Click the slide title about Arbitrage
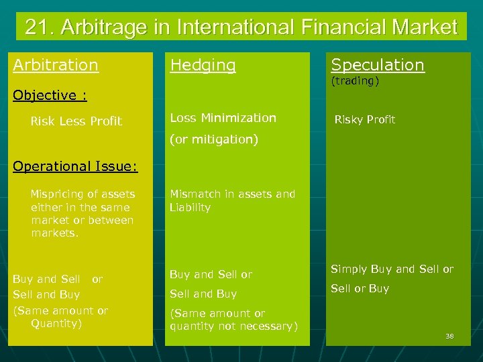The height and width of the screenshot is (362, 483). (x=241, y=27)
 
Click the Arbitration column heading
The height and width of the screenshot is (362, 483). (x=56, y=65)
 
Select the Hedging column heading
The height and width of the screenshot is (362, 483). (x=203, y=65)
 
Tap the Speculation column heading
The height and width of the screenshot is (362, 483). (x=378, y=65)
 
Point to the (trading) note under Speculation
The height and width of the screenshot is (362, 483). (x=355, y=81)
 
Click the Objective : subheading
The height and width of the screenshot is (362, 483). (x=50, y=95)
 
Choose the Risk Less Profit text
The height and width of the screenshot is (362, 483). (x=76, y=121)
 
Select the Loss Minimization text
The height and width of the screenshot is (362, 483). (x=223, y=118)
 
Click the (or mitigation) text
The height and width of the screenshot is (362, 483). (x=214, y=140)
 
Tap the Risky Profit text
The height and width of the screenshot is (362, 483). (x=365, y=119)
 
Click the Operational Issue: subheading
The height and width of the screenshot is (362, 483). (x=75, y=166)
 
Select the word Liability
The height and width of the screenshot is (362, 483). (x=190, y=207)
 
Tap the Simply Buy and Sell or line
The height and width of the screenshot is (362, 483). (x=392, y=269)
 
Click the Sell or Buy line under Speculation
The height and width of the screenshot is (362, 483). (x=360, y=289)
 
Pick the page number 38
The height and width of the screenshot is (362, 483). (x=449, y=336)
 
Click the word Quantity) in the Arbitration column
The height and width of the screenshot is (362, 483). (x=56, y=324)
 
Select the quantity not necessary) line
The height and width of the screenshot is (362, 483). (x=233, y=326)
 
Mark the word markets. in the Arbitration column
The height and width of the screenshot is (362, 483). (x=55, y=233)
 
